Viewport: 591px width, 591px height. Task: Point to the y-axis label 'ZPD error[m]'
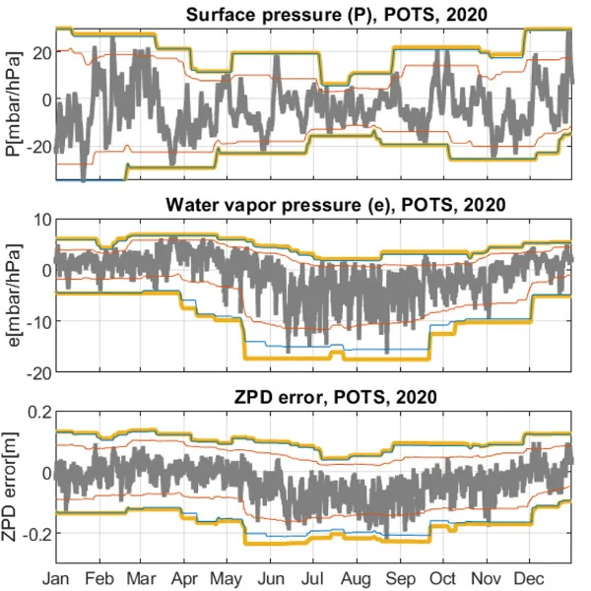point(13,486)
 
